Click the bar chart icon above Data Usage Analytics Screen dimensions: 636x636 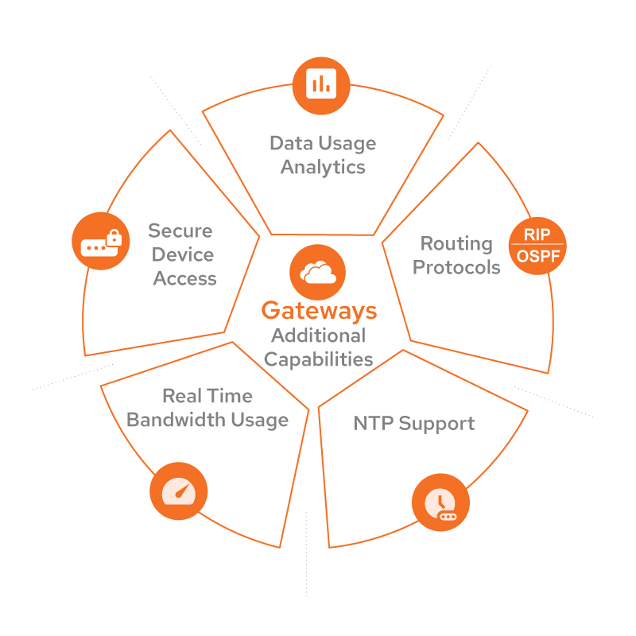click(x=321, y=83)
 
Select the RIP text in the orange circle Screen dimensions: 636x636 click(x=537, y=235)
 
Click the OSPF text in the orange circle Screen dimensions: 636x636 click(x=537, y=257)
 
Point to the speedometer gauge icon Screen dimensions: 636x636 click(x=178, y=491)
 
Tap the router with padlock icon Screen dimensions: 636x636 click(x=100, y=242)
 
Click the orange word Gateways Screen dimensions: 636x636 click(x=318, y=310)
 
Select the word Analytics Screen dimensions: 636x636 click(x=323, y=168)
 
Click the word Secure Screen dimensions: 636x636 click(x=180, y=231)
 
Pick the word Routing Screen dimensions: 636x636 click(x=456, y=243)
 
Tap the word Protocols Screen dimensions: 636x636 click(x=456, y=267)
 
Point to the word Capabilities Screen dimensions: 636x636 click(x=318, y=359)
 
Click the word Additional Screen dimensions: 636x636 click(x=318, y=335)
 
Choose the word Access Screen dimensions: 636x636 click(x=184, y=279)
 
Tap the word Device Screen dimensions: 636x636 click(x=183, y=255)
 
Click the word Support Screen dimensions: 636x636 click(x=436, y=424)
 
